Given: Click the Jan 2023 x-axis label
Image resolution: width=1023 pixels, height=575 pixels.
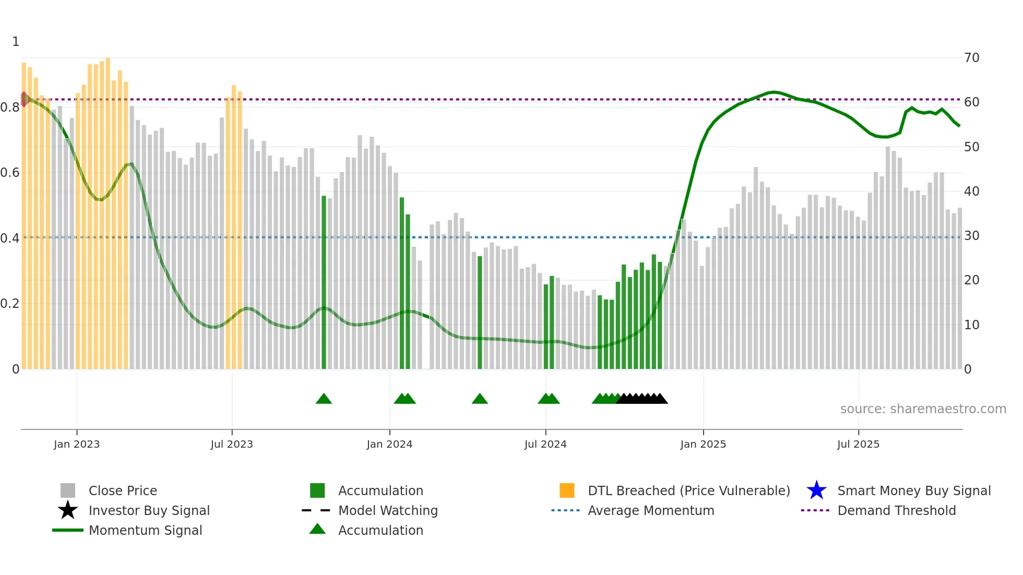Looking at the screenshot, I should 76,444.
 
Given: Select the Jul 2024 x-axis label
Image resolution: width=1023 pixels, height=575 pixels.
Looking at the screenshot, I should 545,444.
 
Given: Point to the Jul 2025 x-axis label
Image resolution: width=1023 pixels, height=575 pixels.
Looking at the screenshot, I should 858,444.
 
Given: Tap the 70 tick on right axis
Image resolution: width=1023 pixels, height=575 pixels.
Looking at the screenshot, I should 971,58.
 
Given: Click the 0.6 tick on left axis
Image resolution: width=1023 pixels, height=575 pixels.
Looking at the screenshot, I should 10,173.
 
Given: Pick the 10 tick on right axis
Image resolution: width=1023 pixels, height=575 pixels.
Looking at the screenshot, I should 971,325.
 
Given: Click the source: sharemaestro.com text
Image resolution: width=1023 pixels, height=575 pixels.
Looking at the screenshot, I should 923,409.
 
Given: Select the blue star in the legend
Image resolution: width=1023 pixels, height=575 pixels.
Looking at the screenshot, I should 816,490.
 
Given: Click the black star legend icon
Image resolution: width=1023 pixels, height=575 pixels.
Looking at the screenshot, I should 68,510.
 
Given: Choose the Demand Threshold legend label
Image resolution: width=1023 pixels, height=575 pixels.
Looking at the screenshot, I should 896,510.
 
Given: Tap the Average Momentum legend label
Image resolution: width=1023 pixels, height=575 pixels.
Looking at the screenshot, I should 650,510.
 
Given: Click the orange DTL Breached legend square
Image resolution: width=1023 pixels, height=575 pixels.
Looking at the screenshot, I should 567,490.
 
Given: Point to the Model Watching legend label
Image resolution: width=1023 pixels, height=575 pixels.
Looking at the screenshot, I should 388,510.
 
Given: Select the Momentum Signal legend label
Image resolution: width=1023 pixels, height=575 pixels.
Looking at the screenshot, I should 145,530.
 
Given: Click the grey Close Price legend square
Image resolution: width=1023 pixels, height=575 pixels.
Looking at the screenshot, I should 68,490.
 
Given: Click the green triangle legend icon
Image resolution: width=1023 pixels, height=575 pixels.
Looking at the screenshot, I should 317,529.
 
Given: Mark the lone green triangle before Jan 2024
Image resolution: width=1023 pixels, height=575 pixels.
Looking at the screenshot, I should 324,399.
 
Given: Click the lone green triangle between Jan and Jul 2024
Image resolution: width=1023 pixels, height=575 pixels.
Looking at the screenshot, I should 480,399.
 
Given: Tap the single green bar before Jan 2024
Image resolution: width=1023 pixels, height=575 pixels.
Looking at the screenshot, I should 324,282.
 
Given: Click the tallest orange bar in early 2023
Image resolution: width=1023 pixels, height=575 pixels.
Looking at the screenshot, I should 108,209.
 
